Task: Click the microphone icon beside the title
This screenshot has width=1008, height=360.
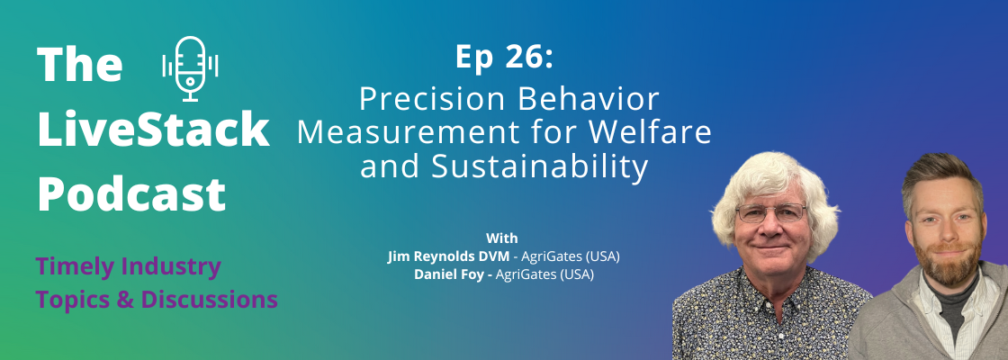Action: click(190, 68)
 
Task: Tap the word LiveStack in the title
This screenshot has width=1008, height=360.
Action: click(153, 130)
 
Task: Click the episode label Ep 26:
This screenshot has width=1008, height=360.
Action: click(504, 58)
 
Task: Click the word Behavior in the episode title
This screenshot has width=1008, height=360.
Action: click(580, 100)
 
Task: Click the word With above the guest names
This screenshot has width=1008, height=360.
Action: click(502, 238)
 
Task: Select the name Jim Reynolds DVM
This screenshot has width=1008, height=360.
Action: click(449, 256)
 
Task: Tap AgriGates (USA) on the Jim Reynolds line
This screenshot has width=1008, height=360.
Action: click(571, 256)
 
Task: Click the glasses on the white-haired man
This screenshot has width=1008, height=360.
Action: click(770, 212)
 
